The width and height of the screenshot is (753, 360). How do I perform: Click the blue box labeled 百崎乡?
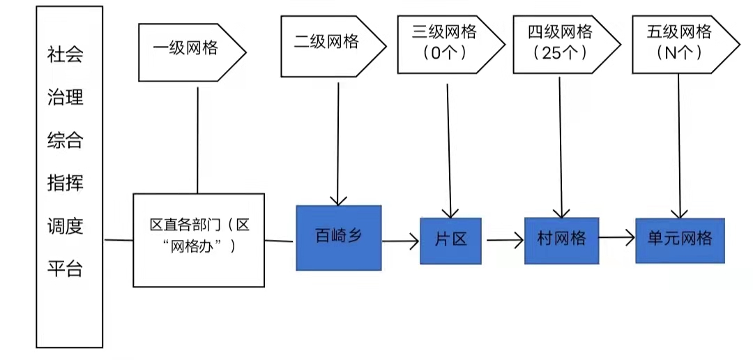click(339, 237)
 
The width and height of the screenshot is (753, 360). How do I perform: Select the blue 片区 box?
click(451, 240)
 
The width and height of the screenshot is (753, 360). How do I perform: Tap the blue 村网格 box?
click(561, 239)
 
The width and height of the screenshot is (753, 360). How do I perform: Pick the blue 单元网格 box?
click(680, 239)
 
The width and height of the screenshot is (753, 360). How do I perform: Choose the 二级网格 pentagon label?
click(328, 43)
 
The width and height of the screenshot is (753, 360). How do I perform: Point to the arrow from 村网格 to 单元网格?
click(616, 239)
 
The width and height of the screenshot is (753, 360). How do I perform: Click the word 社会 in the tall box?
click(65, 55)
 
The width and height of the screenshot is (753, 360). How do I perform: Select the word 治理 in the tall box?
click(65, 98)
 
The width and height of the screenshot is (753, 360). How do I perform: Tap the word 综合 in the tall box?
click(65, 140)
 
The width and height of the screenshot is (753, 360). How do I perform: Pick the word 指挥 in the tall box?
click(65, 183)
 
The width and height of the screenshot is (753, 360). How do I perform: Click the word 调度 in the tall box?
click(65, 226)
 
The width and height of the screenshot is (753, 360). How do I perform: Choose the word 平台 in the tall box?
click(65, 269)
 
